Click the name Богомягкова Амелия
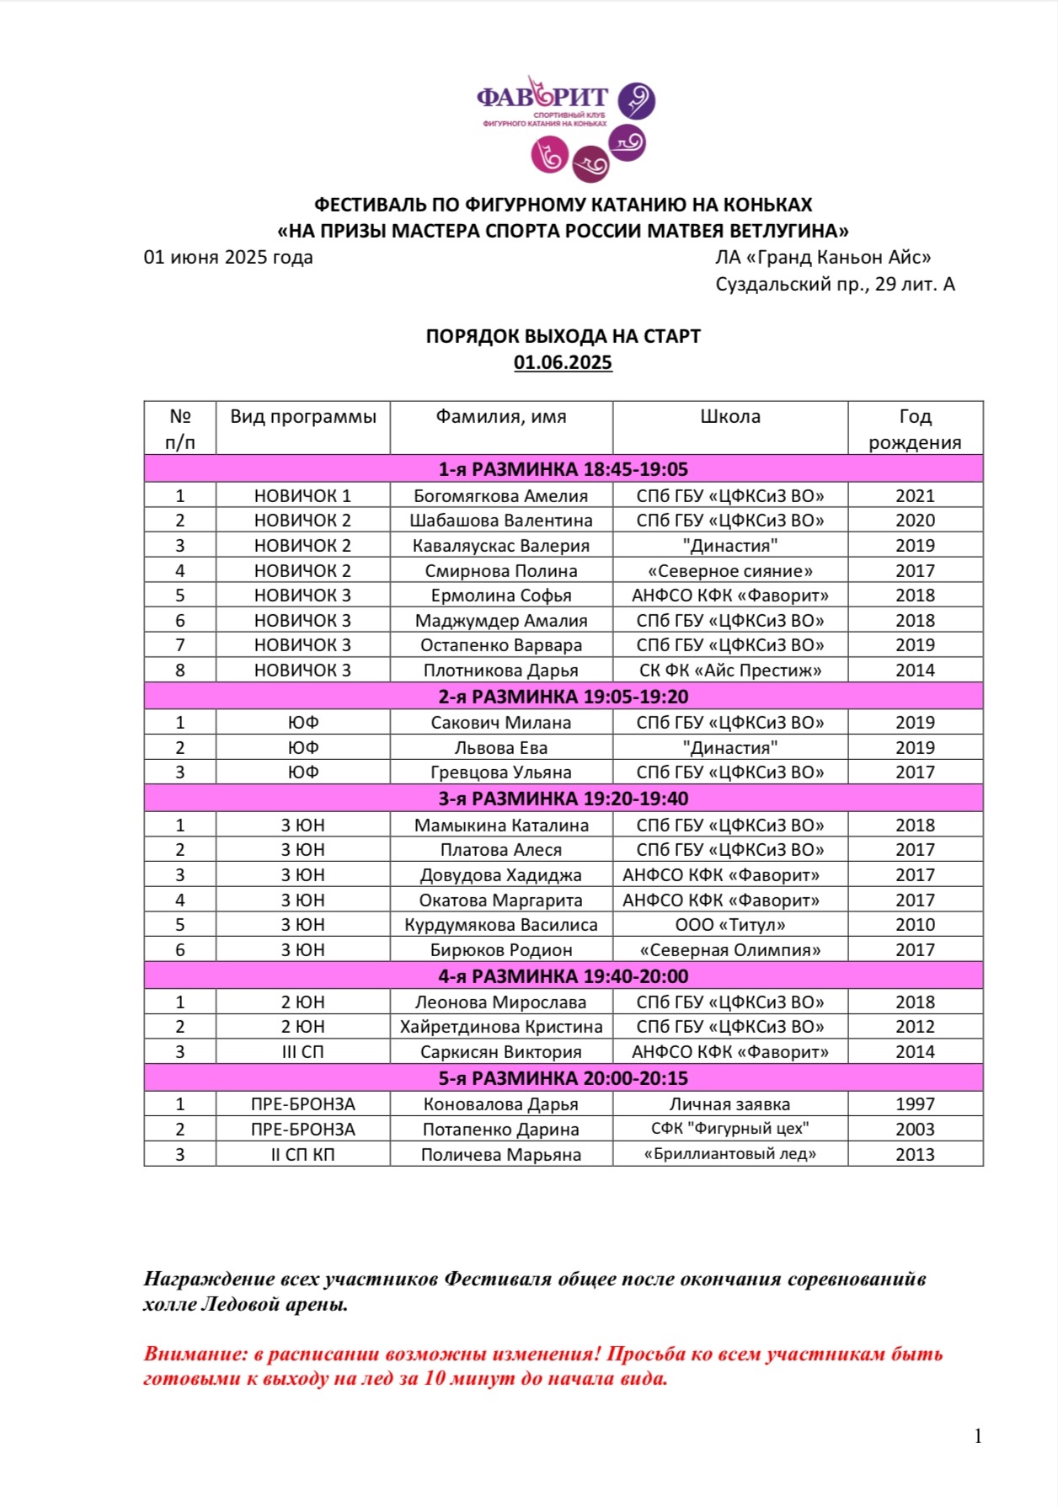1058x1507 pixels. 500,496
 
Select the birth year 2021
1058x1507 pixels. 915,496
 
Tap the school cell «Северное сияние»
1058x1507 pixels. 729,571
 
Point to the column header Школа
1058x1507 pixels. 729,417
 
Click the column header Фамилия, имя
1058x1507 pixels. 500,417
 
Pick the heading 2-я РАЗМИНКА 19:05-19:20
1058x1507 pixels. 563,697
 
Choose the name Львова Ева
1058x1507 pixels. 500,748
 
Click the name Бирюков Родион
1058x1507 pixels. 500,950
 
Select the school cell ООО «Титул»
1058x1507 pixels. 729,925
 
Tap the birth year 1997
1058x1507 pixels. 915,1104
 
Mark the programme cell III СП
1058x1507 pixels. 302,1052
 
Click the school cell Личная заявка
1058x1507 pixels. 729,1104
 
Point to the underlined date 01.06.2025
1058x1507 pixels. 563,363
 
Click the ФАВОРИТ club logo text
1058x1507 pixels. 542,98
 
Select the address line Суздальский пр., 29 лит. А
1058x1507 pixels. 835,285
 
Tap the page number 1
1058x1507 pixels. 978,1436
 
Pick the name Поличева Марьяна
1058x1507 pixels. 500,1155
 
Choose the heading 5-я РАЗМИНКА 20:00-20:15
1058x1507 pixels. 563,1078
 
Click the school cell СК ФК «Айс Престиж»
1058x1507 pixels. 729,671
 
